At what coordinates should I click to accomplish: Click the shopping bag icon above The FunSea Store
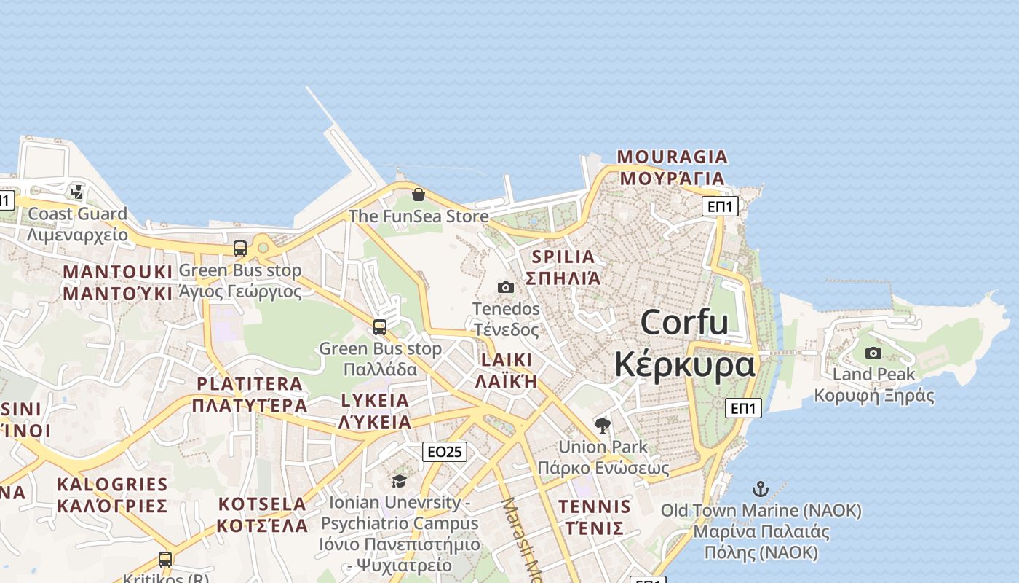419,195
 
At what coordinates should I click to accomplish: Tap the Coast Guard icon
77,192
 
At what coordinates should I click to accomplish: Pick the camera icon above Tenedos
506,288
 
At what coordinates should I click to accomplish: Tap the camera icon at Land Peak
873,353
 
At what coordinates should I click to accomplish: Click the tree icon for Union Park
602,425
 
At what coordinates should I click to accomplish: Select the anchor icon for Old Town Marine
761,489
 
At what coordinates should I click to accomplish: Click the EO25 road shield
444,452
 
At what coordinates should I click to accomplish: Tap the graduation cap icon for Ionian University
399,481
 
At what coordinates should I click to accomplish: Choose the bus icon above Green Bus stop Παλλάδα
380,326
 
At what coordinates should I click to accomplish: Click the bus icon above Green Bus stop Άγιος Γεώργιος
240,248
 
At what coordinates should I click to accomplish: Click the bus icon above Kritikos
165,560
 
